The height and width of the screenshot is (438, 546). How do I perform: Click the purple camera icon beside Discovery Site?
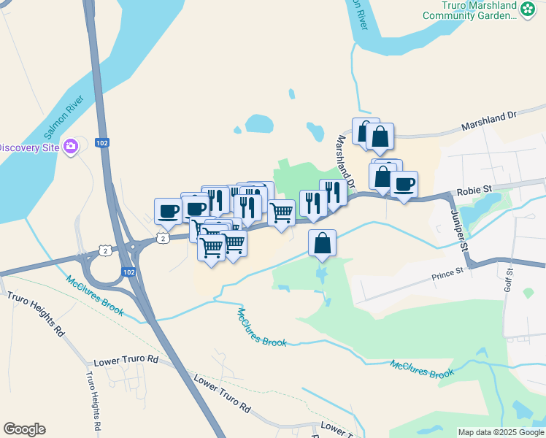pos(71,147)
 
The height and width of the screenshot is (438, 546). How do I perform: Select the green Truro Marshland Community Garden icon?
pos(527,9)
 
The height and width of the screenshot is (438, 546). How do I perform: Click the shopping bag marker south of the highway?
pos(322,243)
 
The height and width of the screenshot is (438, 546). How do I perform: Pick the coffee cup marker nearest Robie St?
pos(404,185)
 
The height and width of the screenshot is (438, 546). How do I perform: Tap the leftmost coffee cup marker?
pos(168,212)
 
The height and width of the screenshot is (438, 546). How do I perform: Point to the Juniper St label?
pos(458,228)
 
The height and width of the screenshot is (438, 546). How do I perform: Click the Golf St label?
pos(509,280)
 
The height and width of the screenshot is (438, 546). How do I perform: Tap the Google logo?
pos(24,429)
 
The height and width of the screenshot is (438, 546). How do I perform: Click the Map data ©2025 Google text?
pos(500,432)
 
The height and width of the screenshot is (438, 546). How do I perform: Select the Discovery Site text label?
pos(29,147)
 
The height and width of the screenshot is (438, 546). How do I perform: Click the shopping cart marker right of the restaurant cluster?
pos(281,214)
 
